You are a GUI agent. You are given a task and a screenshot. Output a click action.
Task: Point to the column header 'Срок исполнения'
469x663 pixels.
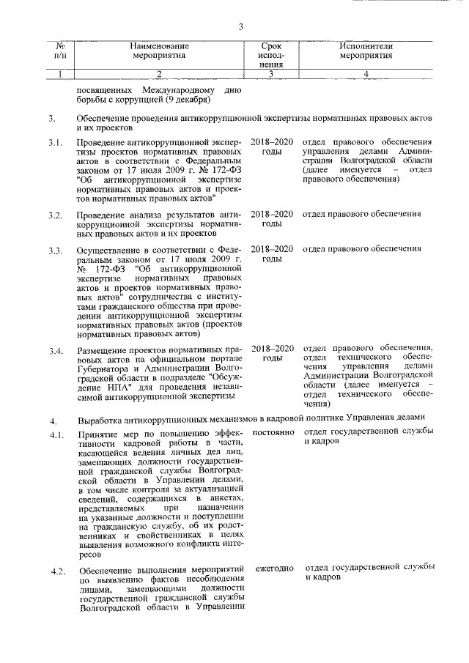[270, 55]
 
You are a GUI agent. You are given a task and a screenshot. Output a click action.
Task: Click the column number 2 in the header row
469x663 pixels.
[159, 73]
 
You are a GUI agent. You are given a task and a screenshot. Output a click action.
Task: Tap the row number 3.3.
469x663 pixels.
[54, 251]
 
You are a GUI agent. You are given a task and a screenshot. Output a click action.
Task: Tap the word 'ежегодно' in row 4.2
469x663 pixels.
[275, 568]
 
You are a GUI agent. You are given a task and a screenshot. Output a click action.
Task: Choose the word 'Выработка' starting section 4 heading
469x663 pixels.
[100, 421]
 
